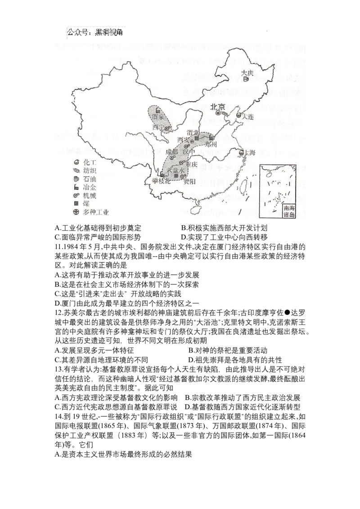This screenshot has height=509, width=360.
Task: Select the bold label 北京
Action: click(x=218, y=107)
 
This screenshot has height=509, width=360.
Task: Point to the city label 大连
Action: click(x=248, y=116)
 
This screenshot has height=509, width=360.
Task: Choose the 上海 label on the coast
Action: click(x=250, y=153)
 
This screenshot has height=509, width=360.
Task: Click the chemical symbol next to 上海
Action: click(x=242, y=153)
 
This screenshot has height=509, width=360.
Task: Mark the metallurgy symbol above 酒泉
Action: click(x=157, y=110)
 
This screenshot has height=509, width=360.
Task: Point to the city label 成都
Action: click(x=172, y=151)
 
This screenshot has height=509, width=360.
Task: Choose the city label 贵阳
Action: click(x=189, y=181)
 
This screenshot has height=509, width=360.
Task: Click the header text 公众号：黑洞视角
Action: click(x=95, y=32)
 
